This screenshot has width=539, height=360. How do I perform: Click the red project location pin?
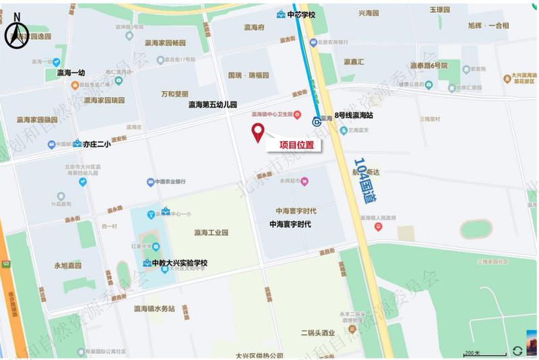(257, 133)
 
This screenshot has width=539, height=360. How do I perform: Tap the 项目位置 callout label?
(292, 144)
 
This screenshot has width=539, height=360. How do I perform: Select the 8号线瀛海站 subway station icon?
(317, 121)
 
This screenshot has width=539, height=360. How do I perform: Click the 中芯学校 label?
(300, 15)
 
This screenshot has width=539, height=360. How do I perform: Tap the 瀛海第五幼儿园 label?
(212, 105)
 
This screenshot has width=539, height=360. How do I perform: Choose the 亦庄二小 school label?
(96, 144)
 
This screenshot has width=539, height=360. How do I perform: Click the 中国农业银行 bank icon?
(151, 182)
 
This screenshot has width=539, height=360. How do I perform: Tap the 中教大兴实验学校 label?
(179, 263)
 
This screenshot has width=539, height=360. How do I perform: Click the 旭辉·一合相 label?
(488, 26)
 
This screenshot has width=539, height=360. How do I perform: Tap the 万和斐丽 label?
(175, 94)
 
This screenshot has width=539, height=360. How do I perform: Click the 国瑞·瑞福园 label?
(249, 75)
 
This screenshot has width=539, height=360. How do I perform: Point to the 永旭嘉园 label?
(67, 266)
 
